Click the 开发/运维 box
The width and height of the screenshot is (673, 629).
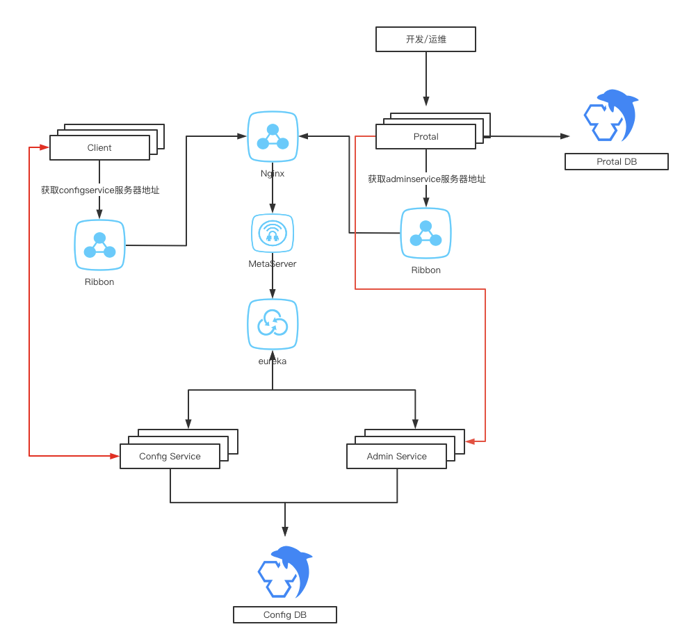tap(425, 40)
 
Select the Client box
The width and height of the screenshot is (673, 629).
tap(99, 147)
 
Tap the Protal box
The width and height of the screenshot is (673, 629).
tap(425, 136)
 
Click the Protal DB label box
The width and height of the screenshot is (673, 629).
tap(617, 162)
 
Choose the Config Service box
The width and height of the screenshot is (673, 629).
tap(170, 456)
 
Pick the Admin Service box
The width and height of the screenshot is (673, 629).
tap(396, 456)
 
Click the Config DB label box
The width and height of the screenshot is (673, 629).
tap(285, 615)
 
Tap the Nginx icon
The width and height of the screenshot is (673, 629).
tap(273, 137)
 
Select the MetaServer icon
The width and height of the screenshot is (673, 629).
tap(273, 233)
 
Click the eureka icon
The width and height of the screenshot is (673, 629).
tap(273, 324)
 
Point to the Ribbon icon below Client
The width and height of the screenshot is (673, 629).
tap(99, 245)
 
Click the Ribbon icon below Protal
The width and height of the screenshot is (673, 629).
tap(425, 233)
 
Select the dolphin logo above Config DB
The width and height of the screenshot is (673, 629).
tap(285, 572)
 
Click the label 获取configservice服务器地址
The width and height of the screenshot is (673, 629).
tap(100, 190)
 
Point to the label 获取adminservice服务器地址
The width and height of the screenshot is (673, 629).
tap(427, 179)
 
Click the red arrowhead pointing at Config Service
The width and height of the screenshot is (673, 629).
tap(115, 456)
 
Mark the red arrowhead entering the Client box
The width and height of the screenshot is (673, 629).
tap(44, 147)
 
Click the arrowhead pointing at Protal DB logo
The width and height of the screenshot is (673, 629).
tap(565, 136)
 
